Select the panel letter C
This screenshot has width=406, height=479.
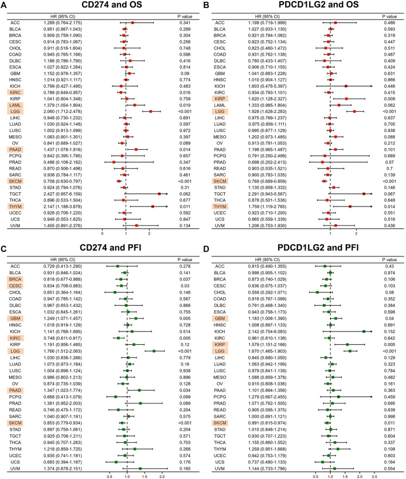[x=4, y=249]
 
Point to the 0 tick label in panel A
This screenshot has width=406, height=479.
[x=103, y=235]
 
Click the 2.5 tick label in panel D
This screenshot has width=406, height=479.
[x=374, y=476]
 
